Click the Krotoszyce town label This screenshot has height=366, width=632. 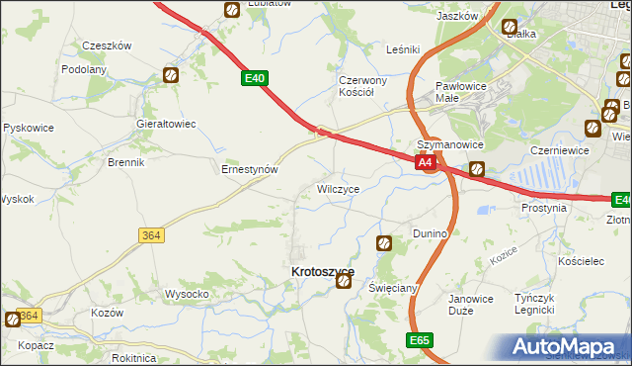321,270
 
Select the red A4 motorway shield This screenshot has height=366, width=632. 425,161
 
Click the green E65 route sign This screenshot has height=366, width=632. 420,339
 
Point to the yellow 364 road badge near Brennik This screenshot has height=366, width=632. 150,234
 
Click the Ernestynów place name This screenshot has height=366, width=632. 248,169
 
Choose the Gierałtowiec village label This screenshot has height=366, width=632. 165,124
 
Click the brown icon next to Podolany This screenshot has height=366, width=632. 170,74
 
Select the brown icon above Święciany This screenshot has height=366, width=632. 385,242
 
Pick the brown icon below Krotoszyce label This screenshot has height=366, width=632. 343,282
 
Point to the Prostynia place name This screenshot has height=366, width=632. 544,209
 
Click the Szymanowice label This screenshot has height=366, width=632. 447,143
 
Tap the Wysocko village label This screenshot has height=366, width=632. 186,294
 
